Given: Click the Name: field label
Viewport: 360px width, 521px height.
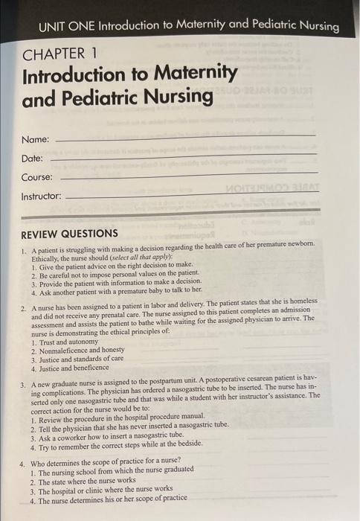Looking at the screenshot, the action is pos(36,139).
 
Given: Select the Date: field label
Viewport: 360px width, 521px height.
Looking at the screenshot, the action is pos(33,159).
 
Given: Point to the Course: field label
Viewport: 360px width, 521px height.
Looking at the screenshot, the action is pos(37,178).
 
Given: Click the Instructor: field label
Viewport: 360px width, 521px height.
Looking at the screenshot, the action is pos(42,196).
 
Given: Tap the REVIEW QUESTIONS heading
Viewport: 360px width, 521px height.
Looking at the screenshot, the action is pos(69,233).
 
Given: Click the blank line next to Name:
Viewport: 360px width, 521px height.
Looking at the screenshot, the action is pos(186,137).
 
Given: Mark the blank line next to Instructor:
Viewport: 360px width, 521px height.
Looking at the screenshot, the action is pos(193,194).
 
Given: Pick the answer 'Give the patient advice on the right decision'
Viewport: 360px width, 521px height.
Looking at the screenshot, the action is pos(112,265).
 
